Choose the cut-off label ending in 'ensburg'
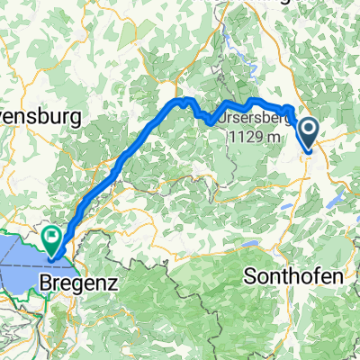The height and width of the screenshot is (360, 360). (40, 117)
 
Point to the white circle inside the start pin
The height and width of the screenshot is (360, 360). (308, 131)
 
